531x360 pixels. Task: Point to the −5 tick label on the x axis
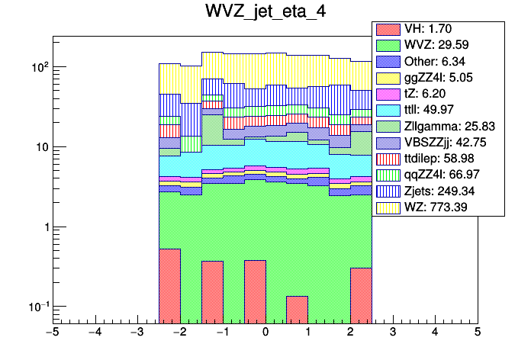[x=52, y=333]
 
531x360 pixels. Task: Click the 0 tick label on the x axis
[x=265, y=333]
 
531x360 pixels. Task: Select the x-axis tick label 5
[x=478, y=333]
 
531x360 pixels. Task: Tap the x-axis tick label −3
[x=137, y=333]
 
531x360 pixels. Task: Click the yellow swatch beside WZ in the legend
[x=387, y=207]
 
